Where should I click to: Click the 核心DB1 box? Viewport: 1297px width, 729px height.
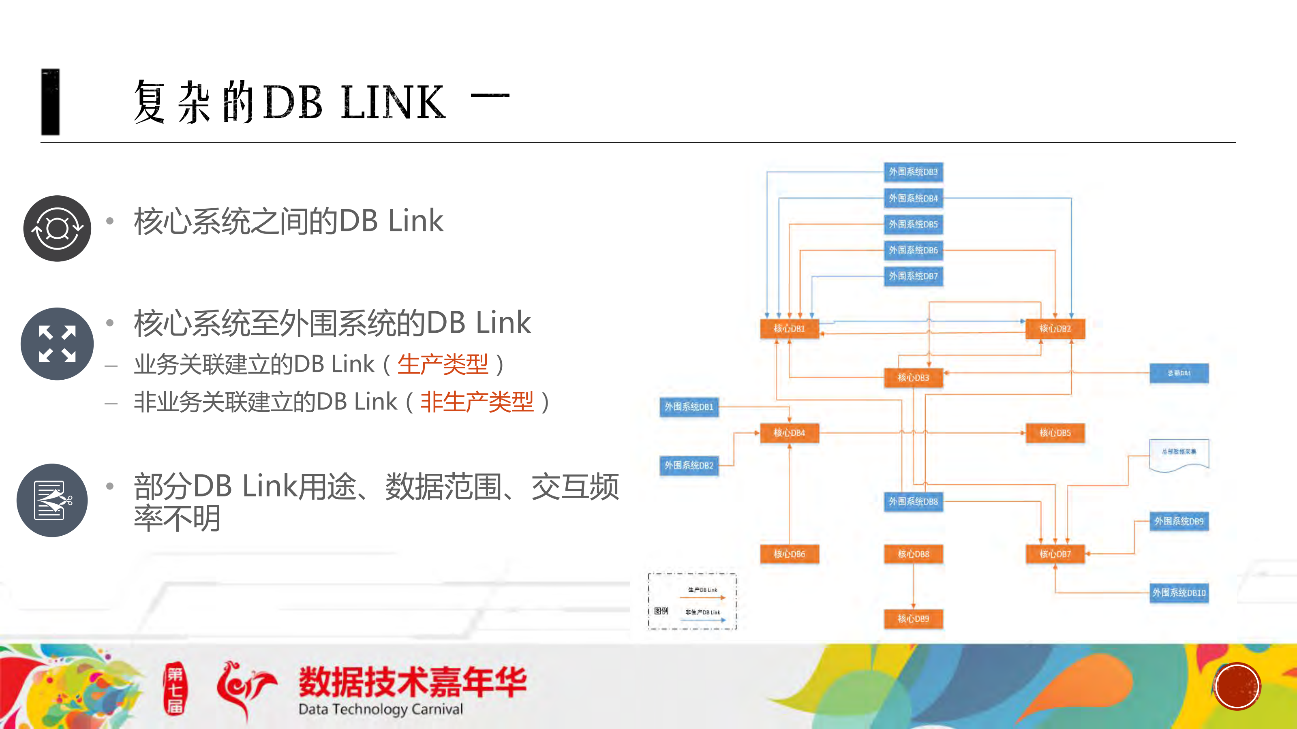[789, 328]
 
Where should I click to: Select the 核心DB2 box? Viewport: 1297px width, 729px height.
[1055, 328]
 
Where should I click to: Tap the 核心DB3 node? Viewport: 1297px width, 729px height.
[913, 377]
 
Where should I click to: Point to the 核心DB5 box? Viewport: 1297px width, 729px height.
[1055, 432]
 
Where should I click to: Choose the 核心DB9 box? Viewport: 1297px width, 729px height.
[913, 618]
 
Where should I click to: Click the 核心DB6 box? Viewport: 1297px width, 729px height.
[789, 554]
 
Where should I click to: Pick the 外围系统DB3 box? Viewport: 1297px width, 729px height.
[913, 172]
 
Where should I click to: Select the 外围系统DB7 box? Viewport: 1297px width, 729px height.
[913, 276]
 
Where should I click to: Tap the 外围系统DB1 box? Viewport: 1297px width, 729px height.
[689, 407]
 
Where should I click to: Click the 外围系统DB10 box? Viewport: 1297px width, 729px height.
[1179, 592]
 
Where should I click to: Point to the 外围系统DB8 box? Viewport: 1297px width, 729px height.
[913, 501]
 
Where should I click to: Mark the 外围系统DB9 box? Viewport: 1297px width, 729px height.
[1179, 521]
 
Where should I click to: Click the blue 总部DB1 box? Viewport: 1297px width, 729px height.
[1179, 373]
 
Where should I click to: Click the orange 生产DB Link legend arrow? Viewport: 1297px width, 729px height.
[702, 598]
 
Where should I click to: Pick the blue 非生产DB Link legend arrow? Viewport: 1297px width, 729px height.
[702, 620]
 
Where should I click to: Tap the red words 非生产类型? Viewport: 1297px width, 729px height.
[477, 402]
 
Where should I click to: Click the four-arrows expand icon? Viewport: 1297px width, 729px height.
[57, 344]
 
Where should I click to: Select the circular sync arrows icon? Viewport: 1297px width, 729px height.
[57, 229]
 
